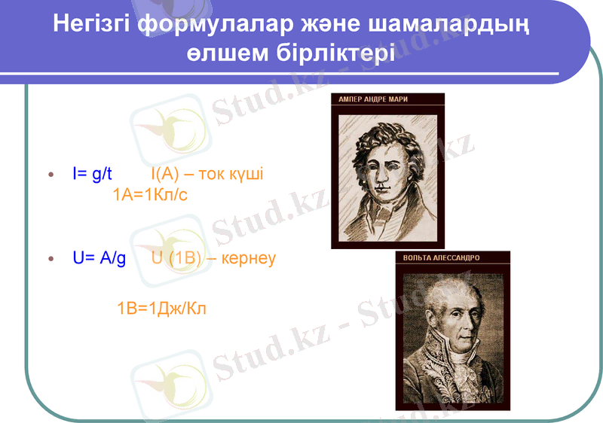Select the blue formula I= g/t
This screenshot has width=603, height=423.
coord(92,175)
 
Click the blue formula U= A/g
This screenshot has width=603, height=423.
coord(99,258)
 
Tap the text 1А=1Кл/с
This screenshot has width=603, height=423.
coord(150,195)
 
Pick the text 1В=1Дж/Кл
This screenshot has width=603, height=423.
coord(161,308)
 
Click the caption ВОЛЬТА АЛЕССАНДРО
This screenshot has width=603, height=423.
coord(442,257)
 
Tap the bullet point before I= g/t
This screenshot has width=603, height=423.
coord(51,175)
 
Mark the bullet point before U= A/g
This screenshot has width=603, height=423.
coord(51,259)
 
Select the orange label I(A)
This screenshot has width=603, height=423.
coord(164,175)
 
